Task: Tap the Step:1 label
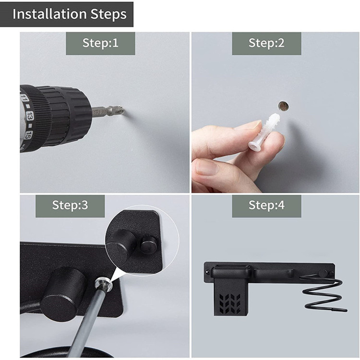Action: pyautogui.click(x=100, y=43)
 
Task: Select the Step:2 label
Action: pyautogui.click(x=266, y=43)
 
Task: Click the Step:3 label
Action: pyautogui.click(x=70, y=205)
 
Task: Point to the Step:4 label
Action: pyautogui.click(x=266, y=205)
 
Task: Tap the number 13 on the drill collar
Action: pyautogui.click(x=30, y=116)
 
